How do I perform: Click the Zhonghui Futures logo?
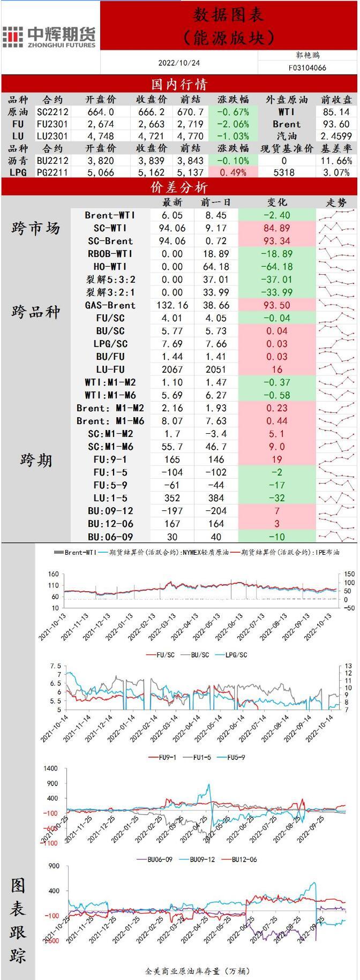[x=49, y=36]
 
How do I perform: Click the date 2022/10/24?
[x=179, y=63]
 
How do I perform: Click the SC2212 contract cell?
[x=52, y=112]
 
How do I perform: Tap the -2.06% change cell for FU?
[x=233, y=124]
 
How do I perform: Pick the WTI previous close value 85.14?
[x=336, y=112]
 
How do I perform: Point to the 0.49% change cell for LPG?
[x=233, y=172]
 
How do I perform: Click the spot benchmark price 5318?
[x=283, y=172]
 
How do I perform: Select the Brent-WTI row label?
[x=110, y=215]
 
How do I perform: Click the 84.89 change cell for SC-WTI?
[x=277, y=228]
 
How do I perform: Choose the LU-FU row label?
[x=110, y=370]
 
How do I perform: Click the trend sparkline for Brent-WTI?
[x=336, y=215]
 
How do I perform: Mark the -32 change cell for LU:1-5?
[x=277, y=498]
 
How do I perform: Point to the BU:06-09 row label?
[x=110, y=537]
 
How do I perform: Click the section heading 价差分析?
[x=179, y=187]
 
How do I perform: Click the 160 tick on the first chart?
[x=53, y=574]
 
